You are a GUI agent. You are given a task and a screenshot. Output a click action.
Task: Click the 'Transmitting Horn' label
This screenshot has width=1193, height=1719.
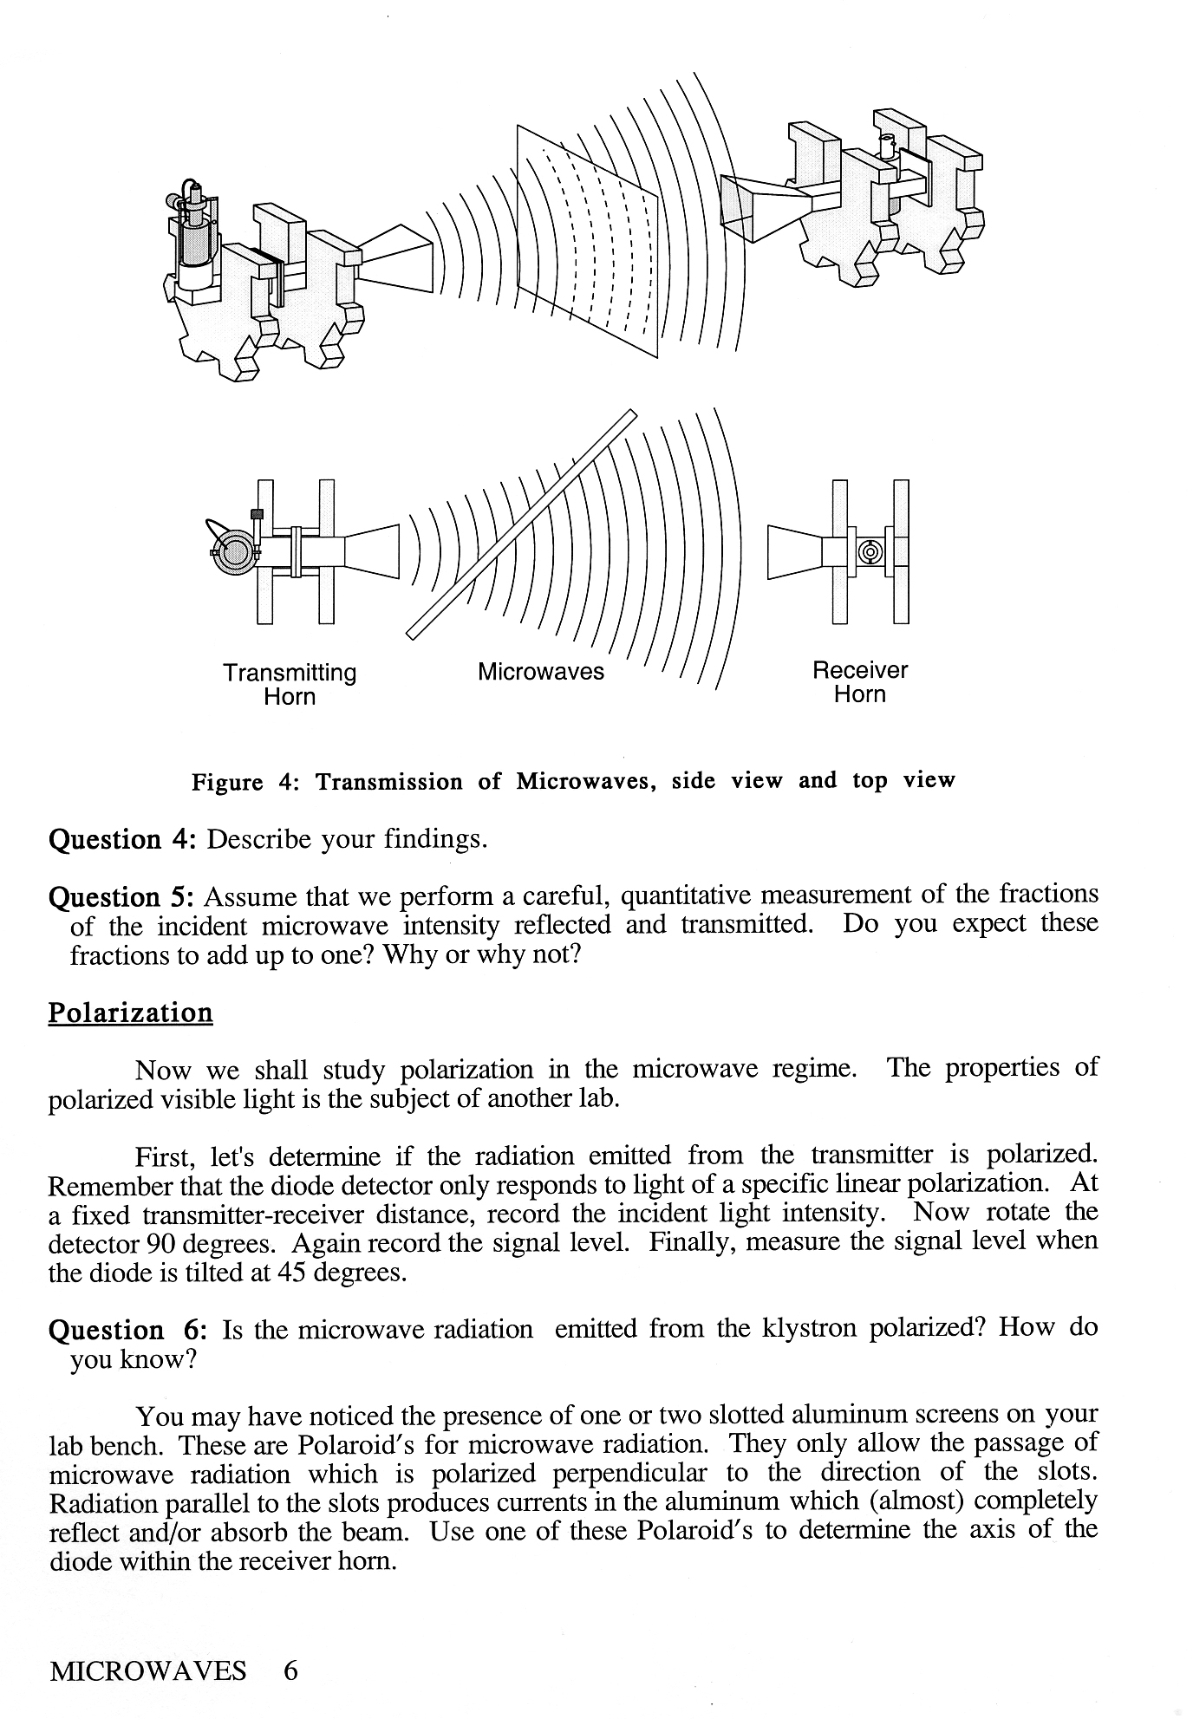290,684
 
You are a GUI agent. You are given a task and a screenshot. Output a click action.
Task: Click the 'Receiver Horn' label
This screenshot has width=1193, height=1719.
859,681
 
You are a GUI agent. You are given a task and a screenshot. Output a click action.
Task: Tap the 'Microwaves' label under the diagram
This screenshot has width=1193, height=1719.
540,672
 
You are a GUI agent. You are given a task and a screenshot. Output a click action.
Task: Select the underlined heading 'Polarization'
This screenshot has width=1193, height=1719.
130,1013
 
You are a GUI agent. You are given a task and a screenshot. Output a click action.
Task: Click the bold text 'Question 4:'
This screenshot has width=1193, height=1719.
125,839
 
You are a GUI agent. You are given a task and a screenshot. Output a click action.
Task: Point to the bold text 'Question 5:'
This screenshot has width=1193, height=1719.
125,896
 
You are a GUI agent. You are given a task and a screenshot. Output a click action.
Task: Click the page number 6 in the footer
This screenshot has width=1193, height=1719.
290,1670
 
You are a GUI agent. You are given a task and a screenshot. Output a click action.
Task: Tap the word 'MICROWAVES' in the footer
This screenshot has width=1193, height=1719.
148,1670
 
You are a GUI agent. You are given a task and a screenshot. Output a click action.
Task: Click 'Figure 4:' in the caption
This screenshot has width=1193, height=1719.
244,782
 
